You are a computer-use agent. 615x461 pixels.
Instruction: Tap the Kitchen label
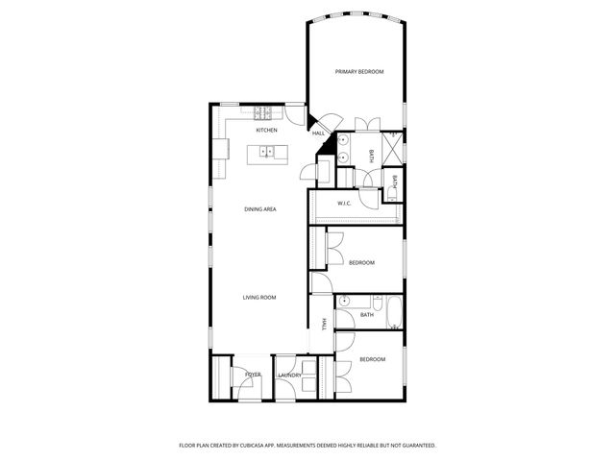(266, 130)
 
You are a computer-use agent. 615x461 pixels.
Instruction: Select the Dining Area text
(260, 208)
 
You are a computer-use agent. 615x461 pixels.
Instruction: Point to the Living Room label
(259, 298)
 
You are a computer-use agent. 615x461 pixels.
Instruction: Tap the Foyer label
(253, 375)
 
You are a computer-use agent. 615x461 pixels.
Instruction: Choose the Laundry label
(289, 376)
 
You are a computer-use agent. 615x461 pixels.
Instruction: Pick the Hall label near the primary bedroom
(318, 133)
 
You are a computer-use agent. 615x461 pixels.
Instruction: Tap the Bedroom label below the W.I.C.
(361, 263)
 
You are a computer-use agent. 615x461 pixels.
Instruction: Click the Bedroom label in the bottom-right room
(372, 359)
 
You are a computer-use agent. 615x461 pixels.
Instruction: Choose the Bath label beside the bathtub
(367, 315)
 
